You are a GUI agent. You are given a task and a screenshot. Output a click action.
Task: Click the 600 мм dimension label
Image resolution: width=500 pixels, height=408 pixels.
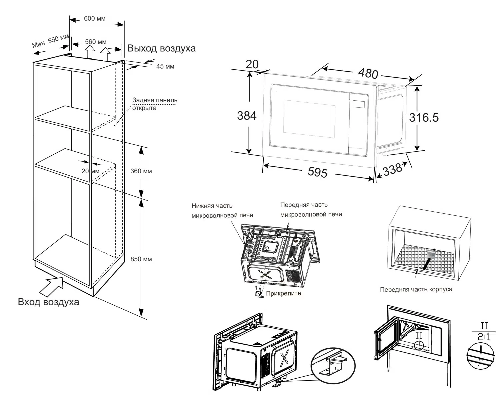point(95,18)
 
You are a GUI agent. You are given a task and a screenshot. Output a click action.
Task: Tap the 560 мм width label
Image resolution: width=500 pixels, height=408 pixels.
point(96,42)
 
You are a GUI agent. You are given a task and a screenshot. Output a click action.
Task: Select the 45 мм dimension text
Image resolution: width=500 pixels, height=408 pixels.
point(165,66)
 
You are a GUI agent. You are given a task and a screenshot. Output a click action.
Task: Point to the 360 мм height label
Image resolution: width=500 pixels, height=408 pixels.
point(141,171)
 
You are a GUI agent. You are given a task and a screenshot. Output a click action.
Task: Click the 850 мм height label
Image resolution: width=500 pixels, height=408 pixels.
point(141,259)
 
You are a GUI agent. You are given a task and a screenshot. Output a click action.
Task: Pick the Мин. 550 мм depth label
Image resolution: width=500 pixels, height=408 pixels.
point(50,41)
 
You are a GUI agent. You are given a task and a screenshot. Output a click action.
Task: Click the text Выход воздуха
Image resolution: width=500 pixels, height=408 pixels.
point(161,48)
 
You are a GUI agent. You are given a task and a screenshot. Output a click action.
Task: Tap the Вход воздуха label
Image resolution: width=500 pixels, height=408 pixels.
point(49,302)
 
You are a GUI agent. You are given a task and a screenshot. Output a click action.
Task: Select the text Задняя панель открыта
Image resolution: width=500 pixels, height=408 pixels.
point(155,104)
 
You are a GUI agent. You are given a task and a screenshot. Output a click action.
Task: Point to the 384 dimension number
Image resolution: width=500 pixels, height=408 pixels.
point(247,116)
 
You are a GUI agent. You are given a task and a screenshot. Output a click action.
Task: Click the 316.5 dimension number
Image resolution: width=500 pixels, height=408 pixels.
point(424,118)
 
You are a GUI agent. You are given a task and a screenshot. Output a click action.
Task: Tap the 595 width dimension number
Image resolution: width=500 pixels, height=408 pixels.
point(317,172)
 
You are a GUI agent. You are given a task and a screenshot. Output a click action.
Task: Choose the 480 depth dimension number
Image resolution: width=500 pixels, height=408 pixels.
point(368,73)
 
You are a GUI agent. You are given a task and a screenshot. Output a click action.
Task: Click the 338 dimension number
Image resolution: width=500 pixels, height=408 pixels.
point(392,169)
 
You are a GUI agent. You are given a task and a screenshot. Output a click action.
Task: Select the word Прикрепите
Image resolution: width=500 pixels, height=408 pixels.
point(284,293)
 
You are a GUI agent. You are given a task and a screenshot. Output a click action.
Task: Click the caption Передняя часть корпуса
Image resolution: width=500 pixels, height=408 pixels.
point(416,289)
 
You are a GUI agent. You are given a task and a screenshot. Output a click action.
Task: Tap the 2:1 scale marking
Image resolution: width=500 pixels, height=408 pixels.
point(484,337)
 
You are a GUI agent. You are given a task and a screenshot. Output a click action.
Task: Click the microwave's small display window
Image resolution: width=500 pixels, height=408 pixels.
point(358,104)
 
